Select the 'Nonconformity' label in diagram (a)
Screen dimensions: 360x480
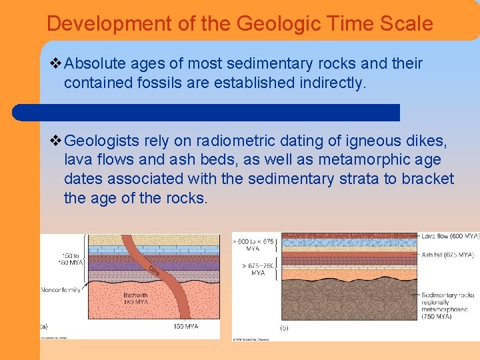coord(60,290)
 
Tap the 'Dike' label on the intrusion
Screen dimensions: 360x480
coord(154,270)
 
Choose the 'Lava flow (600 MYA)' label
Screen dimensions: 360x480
coord(449,237)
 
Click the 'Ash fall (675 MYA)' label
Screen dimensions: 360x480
coord(447,255)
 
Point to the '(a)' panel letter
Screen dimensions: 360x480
coord(44,326)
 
